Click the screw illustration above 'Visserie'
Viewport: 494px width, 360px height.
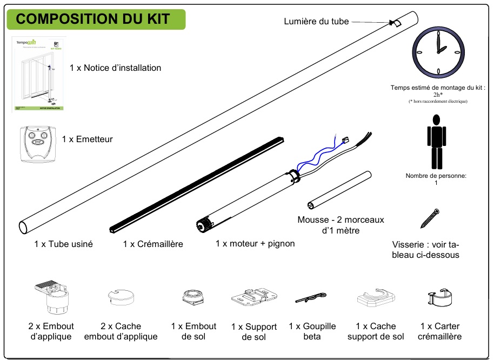coord(431,219)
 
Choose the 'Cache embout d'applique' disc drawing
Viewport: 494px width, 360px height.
coord(120,297)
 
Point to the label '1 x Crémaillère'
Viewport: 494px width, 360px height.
coord(153,244)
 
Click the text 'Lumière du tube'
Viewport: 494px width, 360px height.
coord(316,22)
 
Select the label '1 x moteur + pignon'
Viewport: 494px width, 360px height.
coord(255,244)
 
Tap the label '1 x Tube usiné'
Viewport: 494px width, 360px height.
coord(63,244)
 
